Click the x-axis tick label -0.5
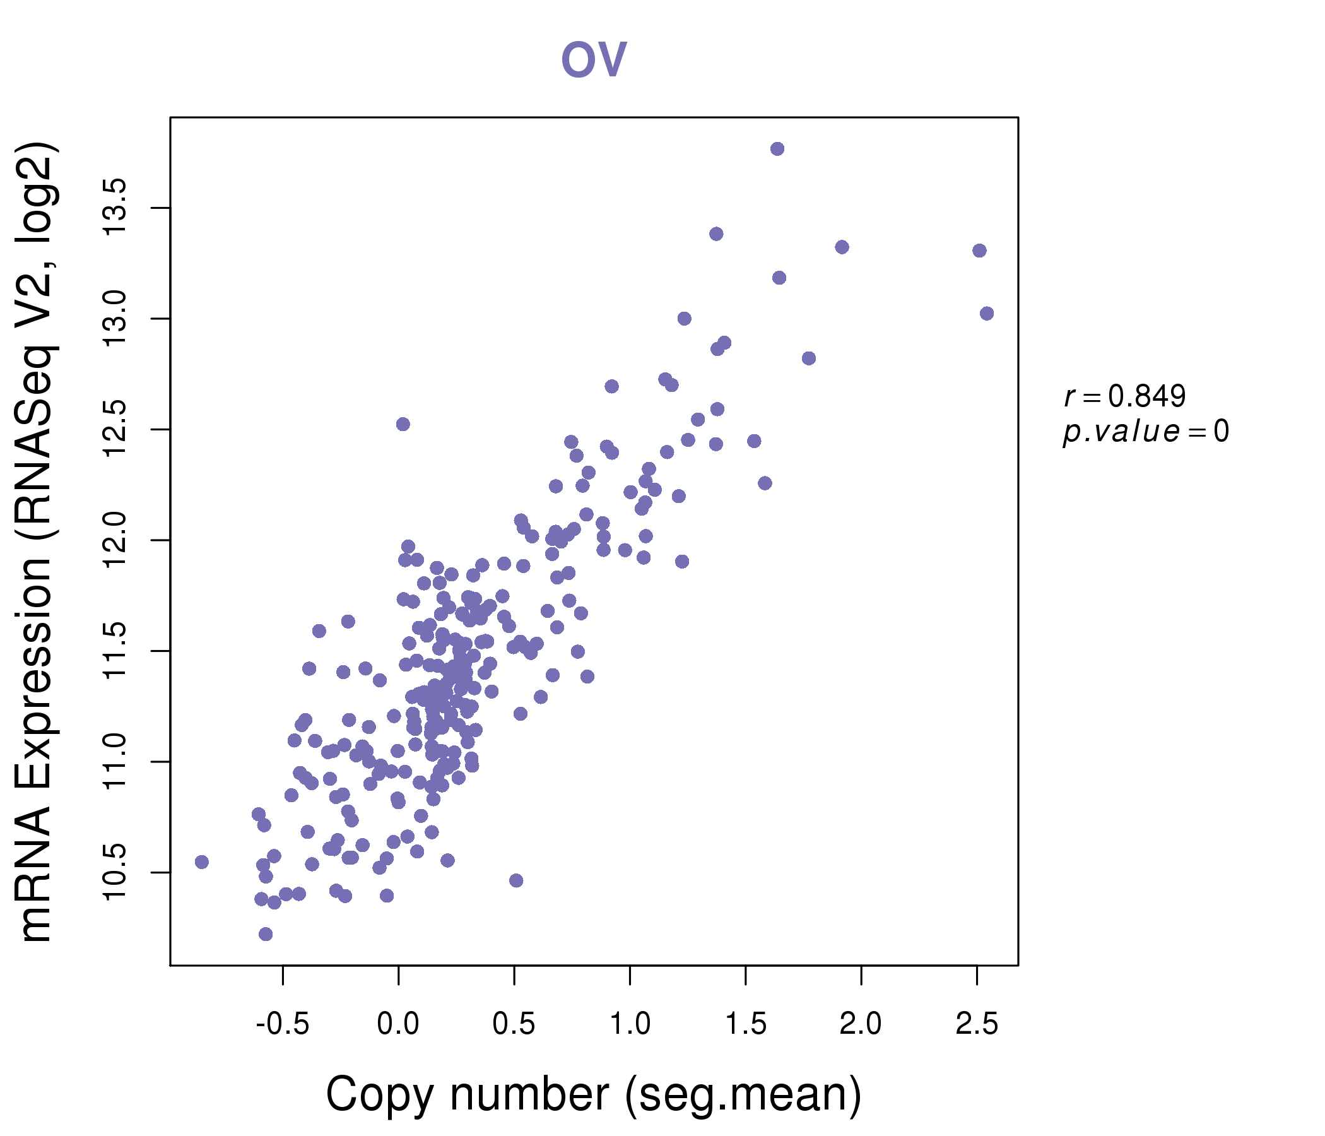(x=283, y=1025)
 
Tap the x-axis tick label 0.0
(x=397, y=1025)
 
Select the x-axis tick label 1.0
(x=630, y=1025)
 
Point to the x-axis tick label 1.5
(x=746, y=1025)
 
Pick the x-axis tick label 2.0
(x=861, y=1025)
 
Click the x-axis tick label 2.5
(x=977, y=1025)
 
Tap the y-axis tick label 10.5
(x=116, y=872)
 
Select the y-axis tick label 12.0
(x=116, y=540)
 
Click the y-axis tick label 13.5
(x=116, y=208)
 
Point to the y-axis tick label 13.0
(x=116, y=319)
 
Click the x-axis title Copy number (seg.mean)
(x=594, y=1096)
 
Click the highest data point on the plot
(x=777, y=149)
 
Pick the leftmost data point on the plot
(x=201, y=862)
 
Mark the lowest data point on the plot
(x=266, y=934)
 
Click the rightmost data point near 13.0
(x=987, y=314)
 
